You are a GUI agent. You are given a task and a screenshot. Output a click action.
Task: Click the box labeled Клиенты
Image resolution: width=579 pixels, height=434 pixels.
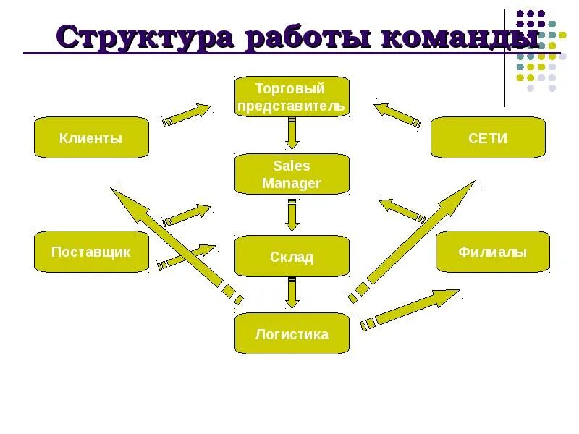click(x=91, y=137)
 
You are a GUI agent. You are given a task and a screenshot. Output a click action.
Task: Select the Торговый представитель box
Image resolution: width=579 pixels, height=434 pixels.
click(x=292, y=97)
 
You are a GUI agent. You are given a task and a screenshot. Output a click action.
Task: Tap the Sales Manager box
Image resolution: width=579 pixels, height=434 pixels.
click(x=292, y=174)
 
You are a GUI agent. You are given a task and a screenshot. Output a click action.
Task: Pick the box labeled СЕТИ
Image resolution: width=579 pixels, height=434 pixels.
click(x=488, y=137)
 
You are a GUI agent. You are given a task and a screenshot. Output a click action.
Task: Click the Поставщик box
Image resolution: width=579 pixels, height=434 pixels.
click(x=91, y=252)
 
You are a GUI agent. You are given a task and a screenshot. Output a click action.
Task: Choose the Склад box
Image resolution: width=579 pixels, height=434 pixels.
click(x=292, y=256)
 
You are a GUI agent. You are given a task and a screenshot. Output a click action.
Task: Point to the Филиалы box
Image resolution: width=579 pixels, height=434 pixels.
click(x=492, y=252)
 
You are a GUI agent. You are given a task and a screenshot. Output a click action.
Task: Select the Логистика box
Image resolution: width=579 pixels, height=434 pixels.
click(x=292, y=333)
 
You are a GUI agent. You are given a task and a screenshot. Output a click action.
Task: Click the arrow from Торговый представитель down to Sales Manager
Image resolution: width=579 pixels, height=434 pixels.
click(x=292, y=134)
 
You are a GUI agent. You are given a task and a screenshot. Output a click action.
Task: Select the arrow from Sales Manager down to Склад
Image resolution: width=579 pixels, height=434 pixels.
click(x=292, y=213)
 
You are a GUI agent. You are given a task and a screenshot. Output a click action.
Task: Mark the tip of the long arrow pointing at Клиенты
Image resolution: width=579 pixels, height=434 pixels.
click(x=114, y=190)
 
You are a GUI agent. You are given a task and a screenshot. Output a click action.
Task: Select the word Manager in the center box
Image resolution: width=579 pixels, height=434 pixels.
click(x=292, y=183)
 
